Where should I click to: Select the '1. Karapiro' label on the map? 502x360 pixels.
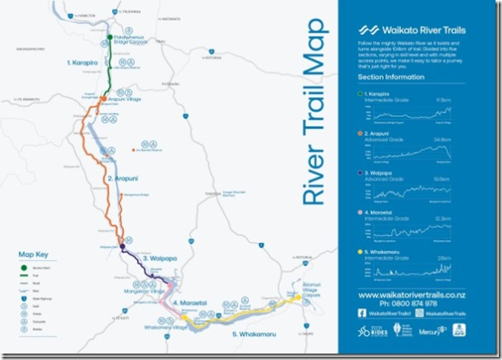[x=82, y=61]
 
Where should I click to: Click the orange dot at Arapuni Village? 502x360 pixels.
[x=104, y=100]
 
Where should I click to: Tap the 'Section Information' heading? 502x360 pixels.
[x=391, y=77]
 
